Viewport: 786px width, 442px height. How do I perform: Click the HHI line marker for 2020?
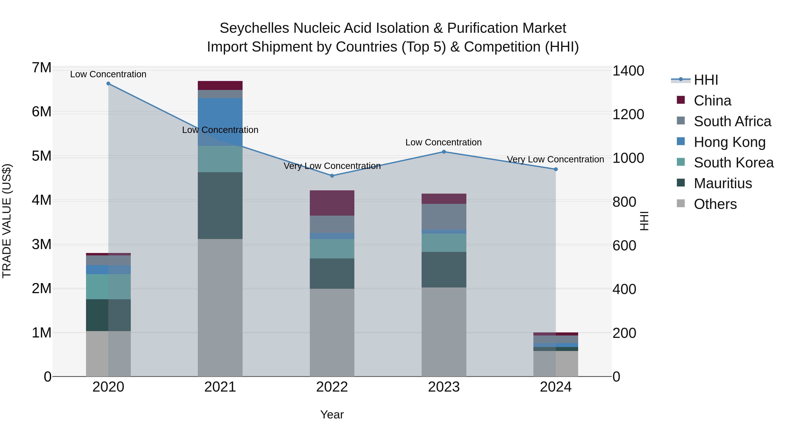pos(108,84)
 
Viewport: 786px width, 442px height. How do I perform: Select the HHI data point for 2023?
pos(444,152)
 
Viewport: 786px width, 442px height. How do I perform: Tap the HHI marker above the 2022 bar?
pos(332,176)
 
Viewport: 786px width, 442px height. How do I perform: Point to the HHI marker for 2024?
pos(556,169)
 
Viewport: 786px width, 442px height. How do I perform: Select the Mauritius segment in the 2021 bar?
pos(220,205)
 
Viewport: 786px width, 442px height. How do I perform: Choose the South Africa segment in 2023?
pos(444,216)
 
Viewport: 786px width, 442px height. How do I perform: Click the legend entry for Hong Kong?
pos(729,142)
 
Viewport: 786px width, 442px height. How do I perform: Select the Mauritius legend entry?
pos(722,183)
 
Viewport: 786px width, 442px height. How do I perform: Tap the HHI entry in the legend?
pos(706,80)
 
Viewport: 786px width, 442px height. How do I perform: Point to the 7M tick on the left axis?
pos(41,68)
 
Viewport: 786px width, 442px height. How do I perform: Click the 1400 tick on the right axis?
pos(628,71)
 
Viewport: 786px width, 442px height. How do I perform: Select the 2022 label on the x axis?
pos(332,387)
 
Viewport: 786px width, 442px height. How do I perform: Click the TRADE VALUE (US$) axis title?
pos(7,221)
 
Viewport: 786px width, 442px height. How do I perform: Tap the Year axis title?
pos(332,414)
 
